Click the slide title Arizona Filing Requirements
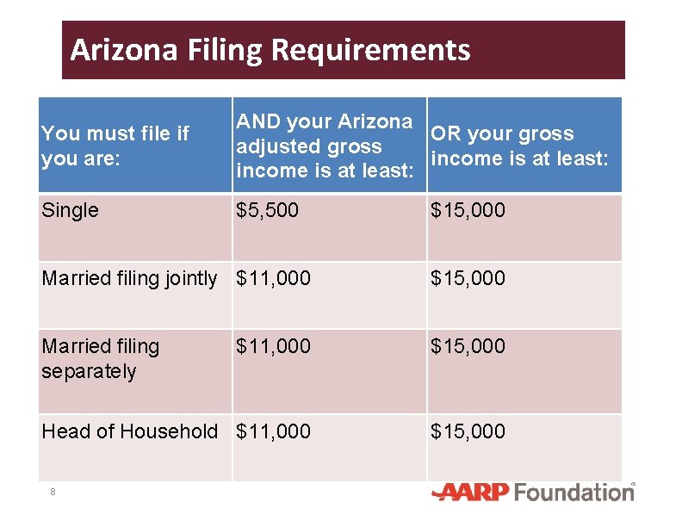pos(270,50)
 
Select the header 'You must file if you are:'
pos(115,146)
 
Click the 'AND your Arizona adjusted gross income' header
pos(324,146)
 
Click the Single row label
pos(70,210)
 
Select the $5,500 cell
pos(267,210)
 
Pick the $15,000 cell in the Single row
pos(468,210)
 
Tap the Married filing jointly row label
pos(129,278)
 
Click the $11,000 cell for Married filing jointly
pos(273,278)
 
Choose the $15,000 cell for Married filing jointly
pos(468,278)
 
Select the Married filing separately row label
pos(101,358)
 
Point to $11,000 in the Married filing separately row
pos(273,346)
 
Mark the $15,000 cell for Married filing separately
pos(468,346)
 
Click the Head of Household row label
pos(129,431)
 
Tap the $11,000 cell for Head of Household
pos(273,431)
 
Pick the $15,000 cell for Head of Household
pos(468,431)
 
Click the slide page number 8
pos(53,492)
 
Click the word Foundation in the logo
pos(574,493)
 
